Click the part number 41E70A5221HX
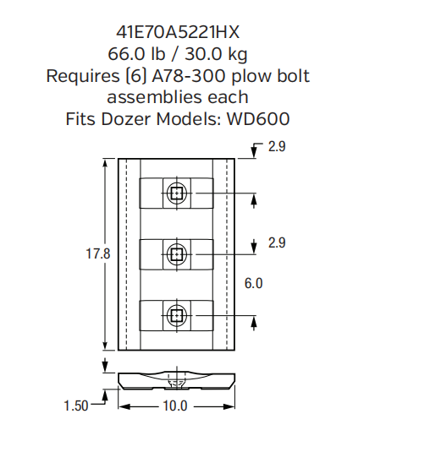tap(178, 32)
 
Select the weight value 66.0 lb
tap(136, 54)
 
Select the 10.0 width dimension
tap(175, 406)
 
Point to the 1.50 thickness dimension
tap(76, 406)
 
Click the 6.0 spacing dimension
tap(254, 284)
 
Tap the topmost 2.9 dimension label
tap(277, 147)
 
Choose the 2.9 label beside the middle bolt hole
tap(277, 242)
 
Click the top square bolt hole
tap(176, 193)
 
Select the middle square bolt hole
tap(176, 253)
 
